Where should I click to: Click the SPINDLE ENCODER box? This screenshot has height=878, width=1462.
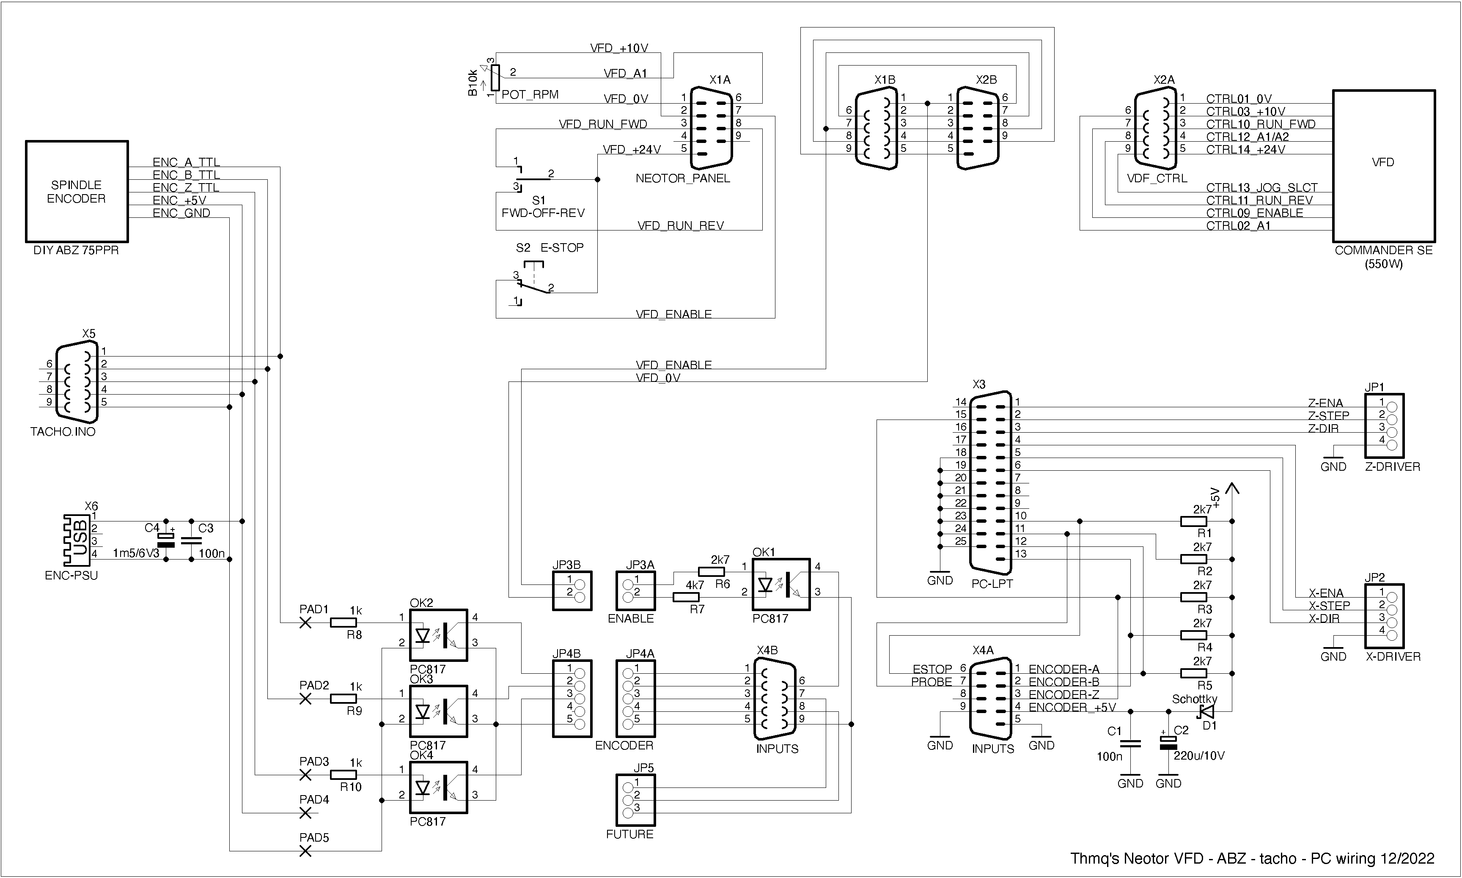click(x=76, y=192)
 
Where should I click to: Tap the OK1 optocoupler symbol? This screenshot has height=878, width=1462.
click(x=780, y=584)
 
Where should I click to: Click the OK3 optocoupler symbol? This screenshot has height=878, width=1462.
click(x=438, y=711)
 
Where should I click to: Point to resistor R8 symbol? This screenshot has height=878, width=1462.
click(x=343, y=623)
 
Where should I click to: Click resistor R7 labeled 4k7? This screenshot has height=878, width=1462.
click(x=686, y=598)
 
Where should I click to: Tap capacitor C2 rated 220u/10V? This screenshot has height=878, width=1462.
click(x=1168, y=743)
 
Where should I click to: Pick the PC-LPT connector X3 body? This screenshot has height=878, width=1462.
click(x=990, y=482)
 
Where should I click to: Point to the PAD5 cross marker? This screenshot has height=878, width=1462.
click(x=305, y=851)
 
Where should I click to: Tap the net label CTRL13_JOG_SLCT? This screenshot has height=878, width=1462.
click(x=1261, y=187)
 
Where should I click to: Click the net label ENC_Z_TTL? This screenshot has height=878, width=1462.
click(x=186, y=187)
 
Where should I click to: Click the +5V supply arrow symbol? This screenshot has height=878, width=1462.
click(x=1232, y=490)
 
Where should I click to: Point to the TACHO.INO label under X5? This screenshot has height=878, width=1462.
click(x=63, y=432)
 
